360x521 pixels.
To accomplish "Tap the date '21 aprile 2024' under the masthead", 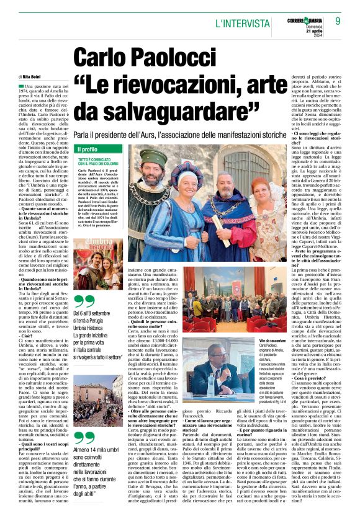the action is [328, 32].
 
